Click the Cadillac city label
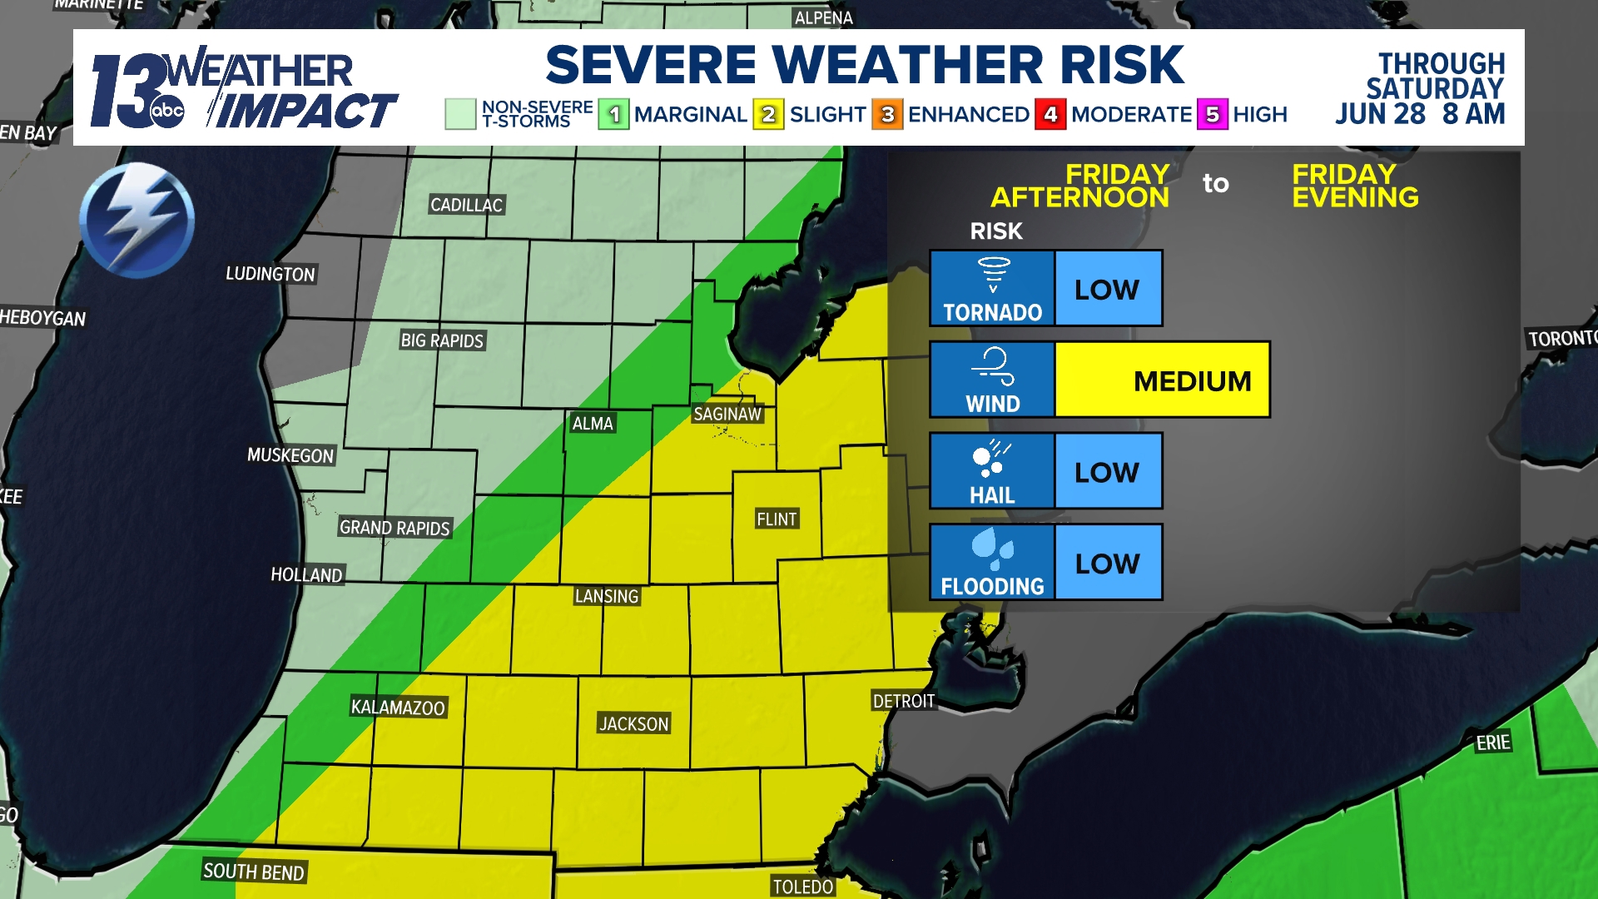coord(466,205)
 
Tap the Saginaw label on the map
coord(727,414)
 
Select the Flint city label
coord(777,519)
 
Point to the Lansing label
coord(607,596)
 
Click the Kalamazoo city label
coord(398,708)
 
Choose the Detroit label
coord(903,701)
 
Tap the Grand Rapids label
coord(395,528)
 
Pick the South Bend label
coord(254,872)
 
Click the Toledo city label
coord(802,887)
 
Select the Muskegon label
coord(290,455)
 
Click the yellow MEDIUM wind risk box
coord(1162,380)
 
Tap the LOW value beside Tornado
coord(1107,289)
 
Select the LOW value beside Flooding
coord(1107,564)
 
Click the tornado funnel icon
coord(993,275)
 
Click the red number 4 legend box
coord(1050,115)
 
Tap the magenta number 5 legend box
coord(1213,115)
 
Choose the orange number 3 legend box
coord(887,115)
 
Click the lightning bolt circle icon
coord(137,221)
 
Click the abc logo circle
coord(167,111)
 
